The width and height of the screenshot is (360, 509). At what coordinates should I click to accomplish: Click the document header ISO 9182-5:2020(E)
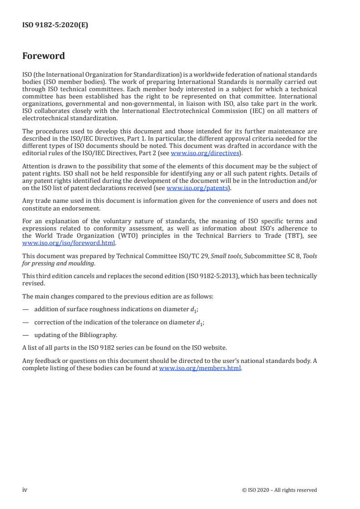pos(55,26)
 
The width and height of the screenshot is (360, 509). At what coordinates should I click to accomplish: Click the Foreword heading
pos(44,56)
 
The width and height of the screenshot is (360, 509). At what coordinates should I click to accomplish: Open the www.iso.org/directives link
pos(205,153)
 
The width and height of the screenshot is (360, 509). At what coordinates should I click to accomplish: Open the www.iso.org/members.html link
pos(200,368)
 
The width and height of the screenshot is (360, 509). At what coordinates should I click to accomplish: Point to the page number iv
pos(25,489)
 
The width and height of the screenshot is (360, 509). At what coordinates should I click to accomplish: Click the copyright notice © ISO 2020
pos(279,490)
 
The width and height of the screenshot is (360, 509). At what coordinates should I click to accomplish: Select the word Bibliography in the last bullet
pos(96,335)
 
